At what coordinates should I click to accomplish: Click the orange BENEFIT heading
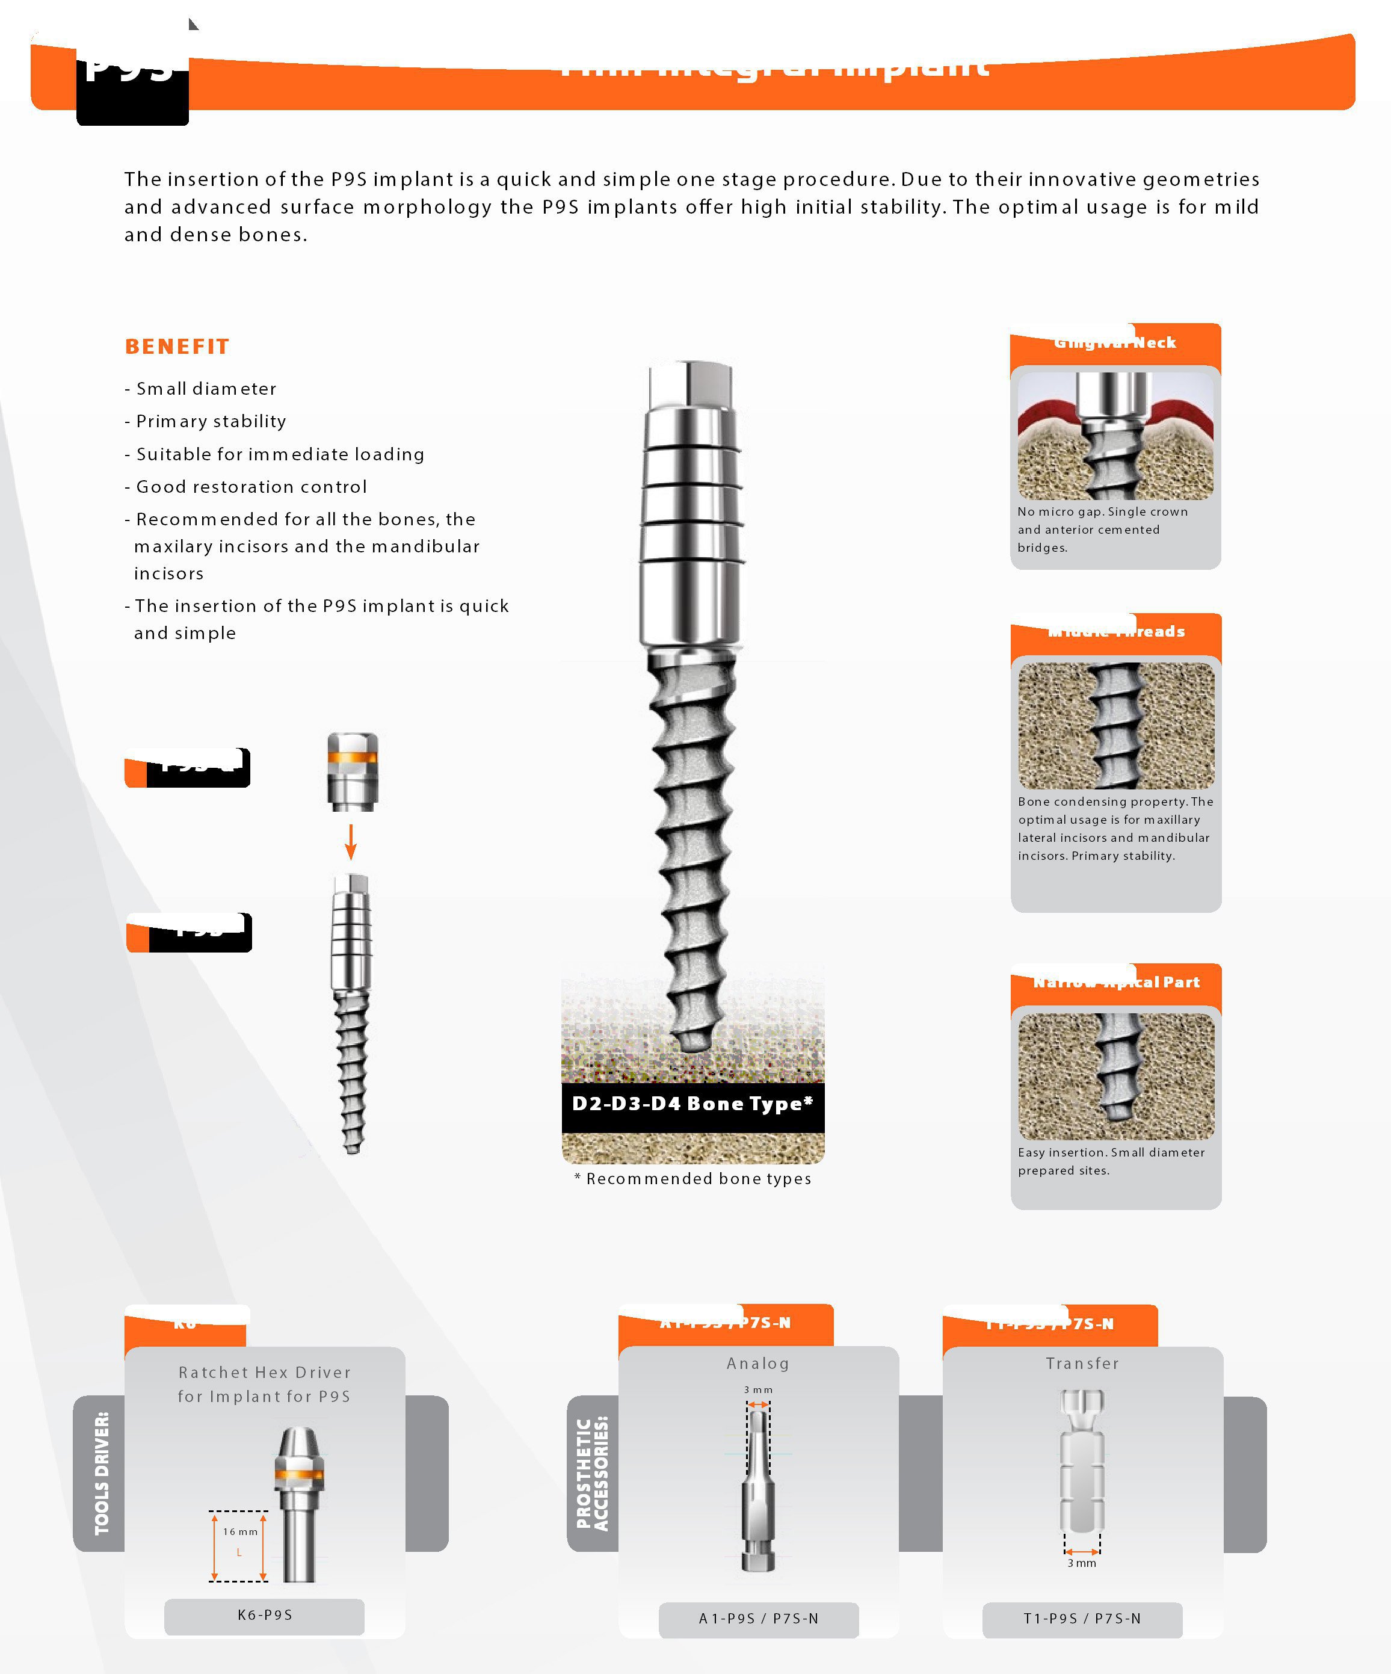tap(177, 347)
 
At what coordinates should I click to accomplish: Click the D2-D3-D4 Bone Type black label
tap(692, 1104)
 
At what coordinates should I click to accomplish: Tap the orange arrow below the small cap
tap(351, 842)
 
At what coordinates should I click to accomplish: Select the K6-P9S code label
tap(265, 1615)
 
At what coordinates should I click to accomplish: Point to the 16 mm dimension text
tap(240, 1532)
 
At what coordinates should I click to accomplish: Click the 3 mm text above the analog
tap(758, 1390)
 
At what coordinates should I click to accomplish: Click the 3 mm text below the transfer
tap(1082, 1563)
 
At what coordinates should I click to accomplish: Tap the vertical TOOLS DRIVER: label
tap(101, 1473)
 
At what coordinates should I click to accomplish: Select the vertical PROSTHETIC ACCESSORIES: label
tap(592, 1473)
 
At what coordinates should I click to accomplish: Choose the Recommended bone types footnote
tap(692, 1179)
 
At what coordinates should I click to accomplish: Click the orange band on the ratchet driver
tap(299, 1474)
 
